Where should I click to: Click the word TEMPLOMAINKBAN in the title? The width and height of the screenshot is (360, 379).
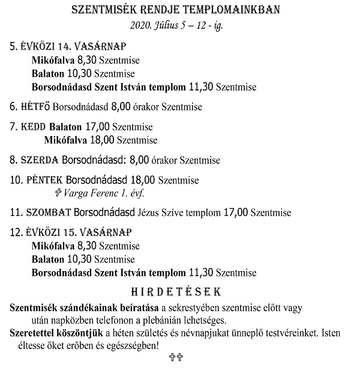(x=232, y=11)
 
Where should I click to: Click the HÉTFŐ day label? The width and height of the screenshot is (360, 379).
(x=35, y=107)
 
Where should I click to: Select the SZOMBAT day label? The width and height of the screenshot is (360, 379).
(x=49, y=212)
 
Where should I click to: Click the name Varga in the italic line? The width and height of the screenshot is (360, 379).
(x=78, y=194)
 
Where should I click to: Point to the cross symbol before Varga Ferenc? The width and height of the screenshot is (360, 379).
(x=59, y=194)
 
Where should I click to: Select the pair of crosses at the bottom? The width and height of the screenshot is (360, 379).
(x=176, y=358)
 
